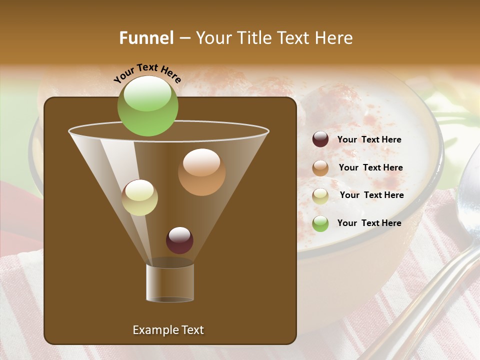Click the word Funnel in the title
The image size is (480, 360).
146,38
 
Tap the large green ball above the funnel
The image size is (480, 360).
147,105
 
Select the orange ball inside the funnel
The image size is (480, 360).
201,171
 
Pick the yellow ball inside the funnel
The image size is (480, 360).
139,197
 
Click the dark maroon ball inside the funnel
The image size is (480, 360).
179,240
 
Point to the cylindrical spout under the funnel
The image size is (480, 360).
170,282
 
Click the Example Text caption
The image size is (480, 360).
168,330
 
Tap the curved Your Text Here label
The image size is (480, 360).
147,73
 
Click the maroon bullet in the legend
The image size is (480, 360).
320,139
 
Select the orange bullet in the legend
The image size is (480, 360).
320,167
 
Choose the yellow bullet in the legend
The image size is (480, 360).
320,195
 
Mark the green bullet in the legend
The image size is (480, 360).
320,223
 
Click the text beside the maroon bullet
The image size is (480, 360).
369,140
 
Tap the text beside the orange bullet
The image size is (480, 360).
370,168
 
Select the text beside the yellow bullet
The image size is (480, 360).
371,195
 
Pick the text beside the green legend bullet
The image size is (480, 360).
369,223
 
